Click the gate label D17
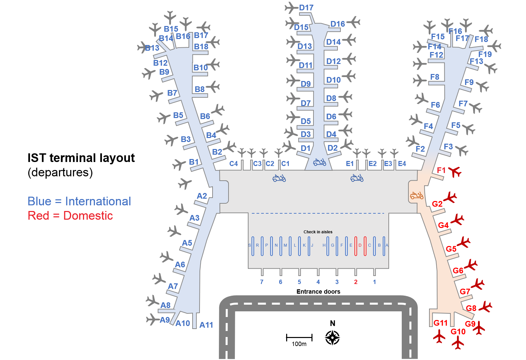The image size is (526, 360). tap(306, 8)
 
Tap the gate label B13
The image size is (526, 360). tap(152, 48)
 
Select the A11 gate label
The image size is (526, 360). tap(206, 325)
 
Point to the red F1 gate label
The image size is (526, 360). tap(441, 170)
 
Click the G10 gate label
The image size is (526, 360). tap(458, 332)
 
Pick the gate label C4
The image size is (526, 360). tap(234, 164)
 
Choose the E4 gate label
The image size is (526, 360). tap(402, 164)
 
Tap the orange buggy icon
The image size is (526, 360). tap(417, 196)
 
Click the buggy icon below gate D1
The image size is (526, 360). tap(319, 162)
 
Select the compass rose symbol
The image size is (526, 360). tap(332, 338)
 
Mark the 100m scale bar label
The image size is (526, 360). tap(299, 344)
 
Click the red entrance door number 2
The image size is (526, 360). tap(356, 282)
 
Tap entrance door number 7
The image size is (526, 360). tap(262, 282)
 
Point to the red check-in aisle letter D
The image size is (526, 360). tap(360, 245)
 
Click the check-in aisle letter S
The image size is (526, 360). tap(250, 245)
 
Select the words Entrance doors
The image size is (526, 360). tap(318, 292)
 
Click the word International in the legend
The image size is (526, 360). tap(98, 201)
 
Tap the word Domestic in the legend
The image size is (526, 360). tap(88, 216)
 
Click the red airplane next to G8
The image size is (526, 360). tap(485, 307)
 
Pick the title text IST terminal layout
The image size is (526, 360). tap(81, 158)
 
